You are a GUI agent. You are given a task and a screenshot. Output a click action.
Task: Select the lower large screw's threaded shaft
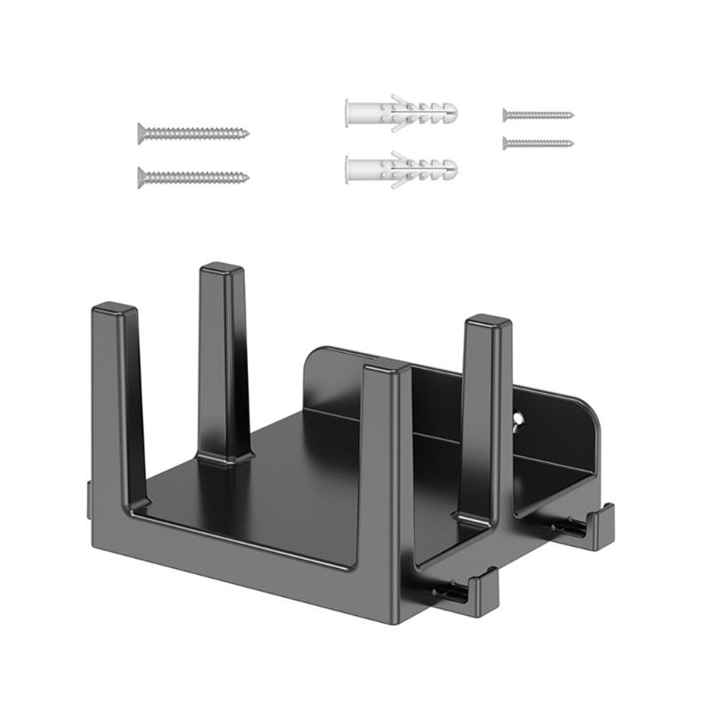[x=200, y=177]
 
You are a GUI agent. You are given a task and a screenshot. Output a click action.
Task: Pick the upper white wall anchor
[x=401, y=114]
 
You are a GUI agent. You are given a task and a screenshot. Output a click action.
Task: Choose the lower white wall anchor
[x=401, y=169]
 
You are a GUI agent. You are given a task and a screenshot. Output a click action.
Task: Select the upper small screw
[x=538, y=115]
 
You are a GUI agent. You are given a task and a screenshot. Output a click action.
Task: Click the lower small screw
[x=538, y=143]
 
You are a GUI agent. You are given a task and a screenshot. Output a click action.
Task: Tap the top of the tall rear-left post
[x=222, y=268]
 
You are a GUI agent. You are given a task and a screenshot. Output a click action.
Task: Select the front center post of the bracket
[x=384, y=462]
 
